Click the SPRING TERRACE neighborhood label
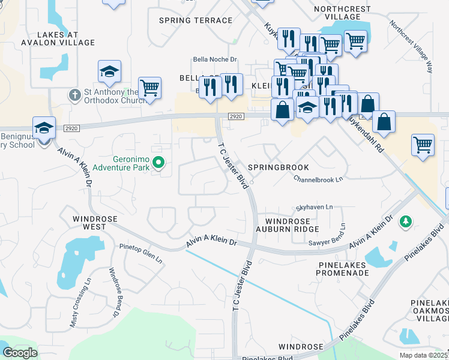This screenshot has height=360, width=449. pyautogui.click(x=195, y=20)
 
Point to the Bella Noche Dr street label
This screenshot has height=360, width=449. pyautogui.click(x=215, y=59)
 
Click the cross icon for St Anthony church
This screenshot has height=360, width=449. pyautogui.click(x=74, y=95)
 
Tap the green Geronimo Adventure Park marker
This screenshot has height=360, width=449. pyautogui.click(x=158, y=162)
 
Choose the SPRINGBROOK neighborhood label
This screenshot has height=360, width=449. pyautogui.click(x=278, y=167)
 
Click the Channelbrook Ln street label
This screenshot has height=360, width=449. pyautogui.click(x=318, y=179)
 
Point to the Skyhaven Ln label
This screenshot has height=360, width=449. pyautogui.click(x=314, y=207)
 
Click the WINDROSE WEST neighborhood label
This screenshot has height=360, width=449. pyautogui.click(x=89, y=223)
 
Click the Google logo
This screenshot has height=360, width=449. pyautogui.click(x=20, y=352)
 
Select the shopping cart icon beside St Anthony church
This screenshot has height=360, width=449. pyautogui.click(x=149, y=88)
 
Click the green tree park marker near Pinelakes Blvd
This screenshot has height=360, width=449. pyautogui.click(x=406, y=222)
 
